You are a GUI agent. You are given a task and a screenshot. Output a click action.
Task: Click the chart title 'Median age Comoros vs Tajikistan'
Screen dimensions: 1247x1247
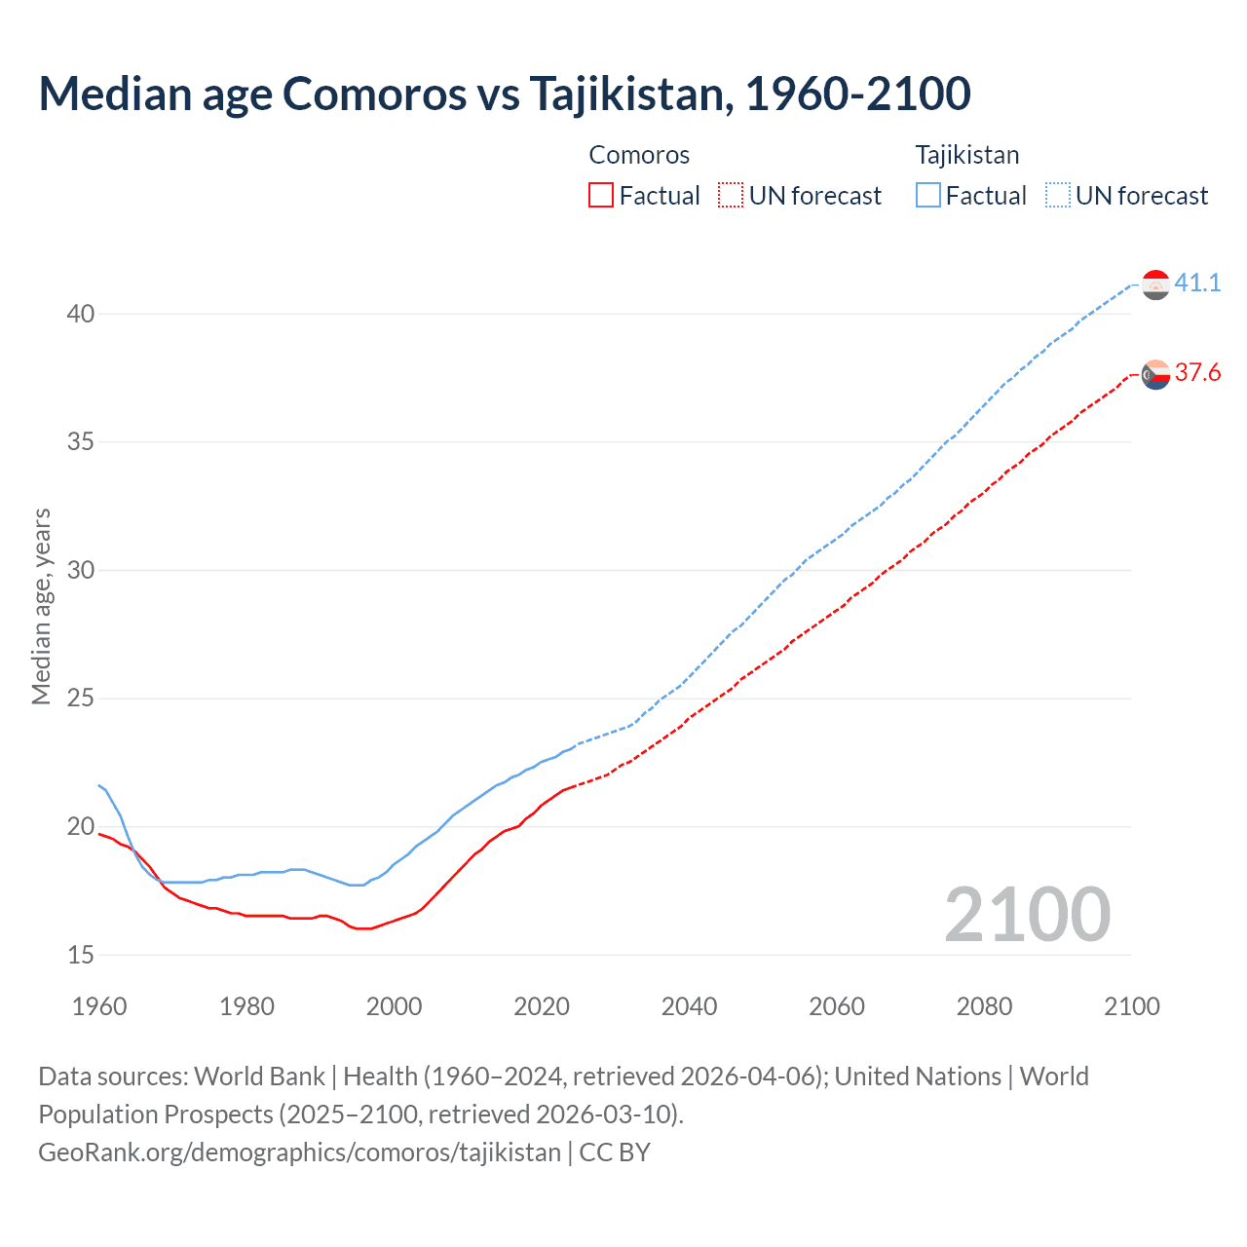point(504,94)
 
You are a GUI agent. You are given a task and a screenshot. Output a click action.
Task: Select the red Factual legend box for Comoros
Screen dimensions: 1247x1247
point(601,195)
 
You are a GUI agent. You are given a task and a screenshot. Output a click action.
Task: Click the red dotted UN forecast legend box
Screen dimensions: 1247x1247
point(731,195)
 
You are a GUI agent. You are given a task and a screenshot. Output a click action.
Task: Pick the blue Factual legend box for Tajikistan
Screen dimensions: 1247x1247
point(928,195)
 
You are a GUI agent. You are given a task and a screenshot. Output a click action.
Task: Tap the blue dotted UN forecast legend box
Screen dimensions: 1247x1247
point(1058,195)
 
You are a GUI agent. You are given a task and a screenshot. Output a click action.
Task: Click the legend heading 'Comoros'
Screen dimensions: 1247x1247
point(639,155)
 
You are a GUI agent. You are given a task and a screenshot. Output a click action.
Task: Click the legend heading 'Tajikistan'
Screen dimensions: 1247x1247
point(966,155)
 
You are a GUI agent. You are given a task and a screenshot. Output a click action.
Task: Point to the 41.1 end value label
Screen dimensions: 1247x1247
point(1197,283)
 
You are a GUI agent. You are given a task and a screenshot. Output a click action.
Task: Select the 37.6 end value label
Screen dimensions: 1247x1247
point(1197,372)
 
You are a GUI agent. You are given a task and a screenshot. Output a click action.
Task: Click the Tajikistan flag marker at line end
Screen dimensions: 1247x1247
point(1155,284)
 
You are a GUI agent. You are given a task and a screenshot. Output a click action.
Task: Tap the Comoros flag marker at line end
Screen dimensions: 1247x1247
point(1155,374)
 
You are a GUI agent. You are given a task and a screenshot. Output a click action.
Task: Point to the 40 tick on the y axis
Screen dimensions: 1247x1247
point(81,314)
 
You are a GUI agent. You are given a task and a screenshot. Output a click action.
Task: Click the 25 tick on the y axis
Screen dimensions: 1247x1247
point(81,699)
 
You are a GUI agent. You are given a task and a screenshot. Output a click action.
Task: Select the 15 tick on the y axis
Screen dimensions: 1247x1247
point(81,955)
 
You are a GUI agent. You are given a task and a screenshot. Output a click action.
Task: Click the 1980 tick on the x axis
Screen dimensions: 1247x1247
point(246,1006)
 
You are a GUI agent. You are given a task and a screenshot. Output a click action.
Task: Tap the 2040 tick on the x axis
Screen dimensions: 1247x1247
point(689,1006)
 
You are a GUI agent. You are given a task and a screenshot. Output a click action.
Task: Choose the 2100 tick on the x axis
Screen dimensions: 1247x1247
point(1131,1006)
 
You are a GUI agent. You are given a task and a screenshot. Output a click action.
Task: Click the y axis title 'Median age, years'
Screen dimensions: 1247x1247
point(41,606)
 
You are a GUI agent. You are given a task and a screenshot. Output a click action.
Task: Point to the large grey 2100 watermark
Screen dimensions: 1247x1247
point(1027,914)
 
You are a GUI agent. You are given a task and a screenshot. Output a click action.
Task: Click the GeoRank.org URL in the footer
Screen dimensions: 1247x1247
point(299,1152)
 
